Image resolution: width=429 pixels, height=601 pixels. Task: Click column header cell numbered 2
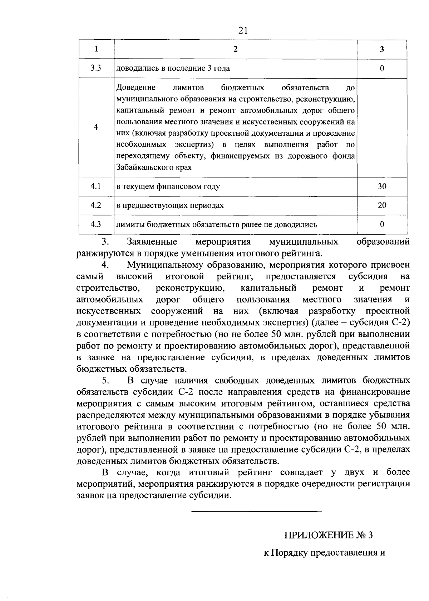pyautogui.click(x=235, y=49)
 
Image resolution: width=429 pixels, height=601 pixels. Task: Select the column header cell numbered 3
pyautogui.click(x=382, y=49)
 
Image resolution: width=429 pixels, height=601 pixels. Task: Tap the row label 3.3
pyautogui.click(x=96, y=68)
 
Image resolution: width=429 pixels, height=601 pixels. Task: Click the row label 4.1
pyautogui.click(x=96, y=186)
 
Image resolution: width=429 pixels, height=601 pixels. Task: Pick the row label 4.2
pyautogui.click(x=96, y=205)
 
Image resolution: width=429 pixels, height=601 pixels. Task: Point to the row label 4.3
pyautogui.click(x=96, y=224)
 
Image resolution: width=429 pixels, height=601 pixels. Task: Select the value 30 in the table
pyautogui.click(x=382, y=186)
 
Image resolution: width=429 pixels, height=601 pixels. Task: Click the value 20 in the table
pyautogui.click(x=382, y=205)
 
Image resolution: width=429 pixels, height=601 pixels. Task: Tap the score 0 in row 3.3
pyautogui.click(x=382, y=69)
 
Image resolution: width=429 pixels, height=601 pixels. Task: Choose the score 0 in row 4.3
pyautogui.click(x=382, y=224)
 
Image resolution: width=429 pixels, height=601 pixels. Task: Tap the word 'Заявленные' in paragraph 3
pyautogui.click(x=152, y=242)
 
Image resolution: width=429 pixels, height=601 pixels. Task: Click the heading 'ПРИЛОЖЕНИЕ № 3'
pyautogui.click(x=328, y=535)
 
